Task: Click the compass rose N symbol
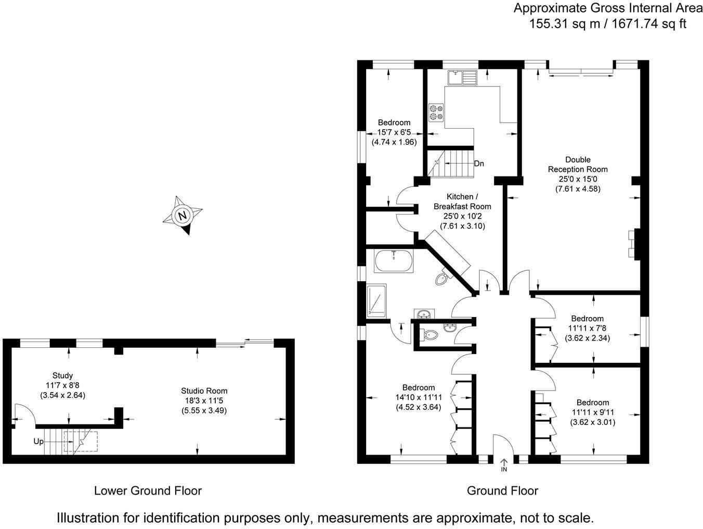click(x=182, y=216)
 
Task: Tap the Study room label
click(x=62, y=375)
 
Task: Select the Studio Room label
click(x=204, y=391)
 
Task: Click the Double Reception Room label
click(x=578, y=165)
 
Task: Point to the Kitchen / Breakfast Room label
click(x=462, y=201)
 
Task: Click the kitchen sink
click(x=462, y=77)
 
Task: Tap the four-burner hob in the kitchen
click(x=436, y=112)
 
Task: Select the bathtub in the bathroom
click(x=394, y=261)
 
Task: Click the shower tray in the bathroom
click(x=377, y=300)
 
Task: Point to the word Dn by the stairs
click(x=479, y=163)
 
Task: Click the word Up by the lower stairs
click(x=38, y=442)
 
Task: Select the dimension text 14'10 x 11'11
click(x=418, y=397)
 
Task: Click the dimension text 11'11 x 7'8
click(x=587, y=328)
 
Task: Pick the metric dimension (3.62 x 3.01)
click(x=593, y=422)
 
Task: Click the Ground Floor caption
click(x=502, y=490)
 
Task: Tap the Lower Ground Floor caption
click(x=148, y=490)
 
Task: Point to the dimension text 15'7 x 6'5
click(x=394, y=132)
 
